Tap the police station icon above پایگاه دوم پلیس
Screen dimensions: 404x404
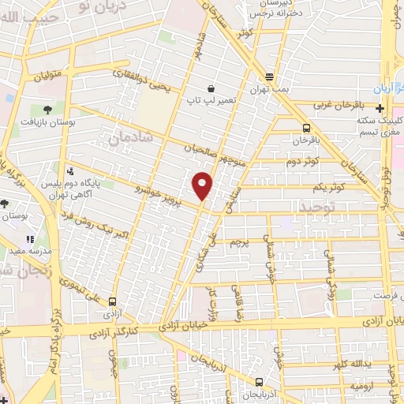71,171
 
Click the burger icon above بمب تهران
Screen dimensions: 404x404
269,77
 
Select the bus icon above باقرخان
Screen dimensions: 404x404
305,127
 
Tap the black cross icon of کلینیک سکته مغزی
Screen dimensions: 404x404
380,108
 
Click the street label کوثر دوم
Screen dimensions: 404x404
301,162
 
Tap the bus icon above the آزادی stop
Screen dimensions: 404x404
112,301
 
